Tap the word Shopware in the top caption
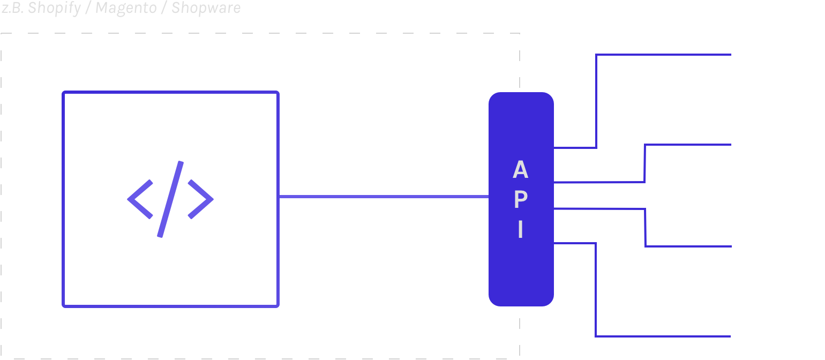click(x=206, y=8)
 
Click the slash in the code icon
click(x=170, y=199)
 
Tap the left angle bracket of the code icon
click(x=140, y=199)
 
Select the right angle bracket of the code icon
click(x=200, y=199)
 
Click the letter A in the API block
click(x=520, y=170)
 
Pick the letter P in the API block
click(x=520, y=200)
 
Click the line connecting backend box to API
click(x=383, y=197)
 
